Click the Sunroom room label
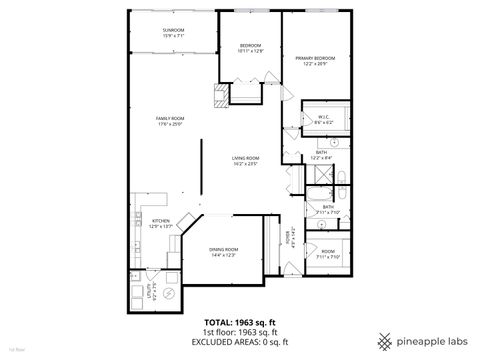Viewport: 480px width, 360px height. (173, 30)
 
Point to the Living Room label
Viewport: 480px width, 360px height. (245, 157)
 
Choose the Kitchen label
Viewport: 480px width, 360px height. (160, 222)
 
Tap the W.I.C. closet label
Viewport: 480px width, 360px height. (323, 117)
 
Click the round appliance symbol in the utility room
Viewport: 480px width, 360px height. (170, 295)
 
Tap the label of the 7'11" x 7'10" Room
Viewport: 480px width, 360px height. (329, 254)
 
